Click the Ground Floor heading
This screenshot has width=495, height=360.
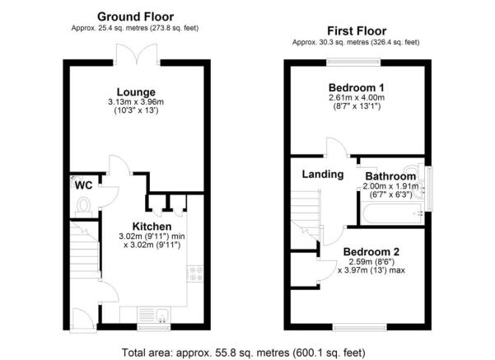135,16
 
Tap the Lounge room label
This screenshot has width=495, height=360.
136,91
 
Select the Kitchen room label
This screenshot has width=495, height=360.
152,227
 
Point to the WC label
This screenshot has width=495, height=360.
82,185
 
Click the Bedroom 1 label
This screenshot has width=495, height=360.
357,87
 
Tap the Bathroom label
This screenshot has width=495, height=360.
390,176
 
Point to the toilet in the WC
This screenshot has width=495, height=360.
82,208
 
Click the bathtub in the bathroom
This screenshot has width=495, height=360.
390,215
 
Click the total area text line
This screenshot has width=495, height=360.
247,352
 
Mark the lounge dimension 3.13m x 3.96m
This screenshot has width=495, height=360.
136,102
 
